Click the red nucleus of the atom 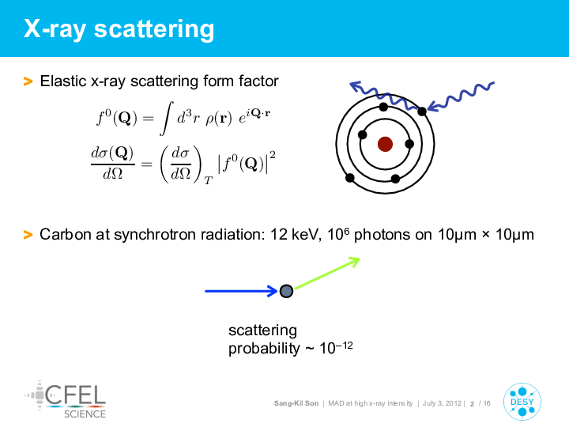click(385, 144)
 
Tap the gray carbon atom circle click(286, 291)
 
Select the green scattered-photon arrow click(327, 273)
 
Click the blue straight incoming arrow click(241, 291)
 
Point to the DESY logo click(522, 402)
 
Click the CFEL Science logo click(66, 399)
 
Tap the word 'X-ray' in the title click(55, 28)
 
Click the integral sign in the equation click(167, 119)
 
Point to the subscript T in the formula click(208, 180)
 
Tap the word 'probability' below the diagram click(264, 349)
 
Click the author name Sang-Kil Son click(296, 403)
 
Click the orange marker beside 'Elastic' click(28, 81)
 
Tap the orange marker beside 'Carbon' click(28, 235)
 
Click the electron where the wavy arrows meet click(422, 111)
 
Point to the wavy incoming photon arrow click(461, 96)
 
